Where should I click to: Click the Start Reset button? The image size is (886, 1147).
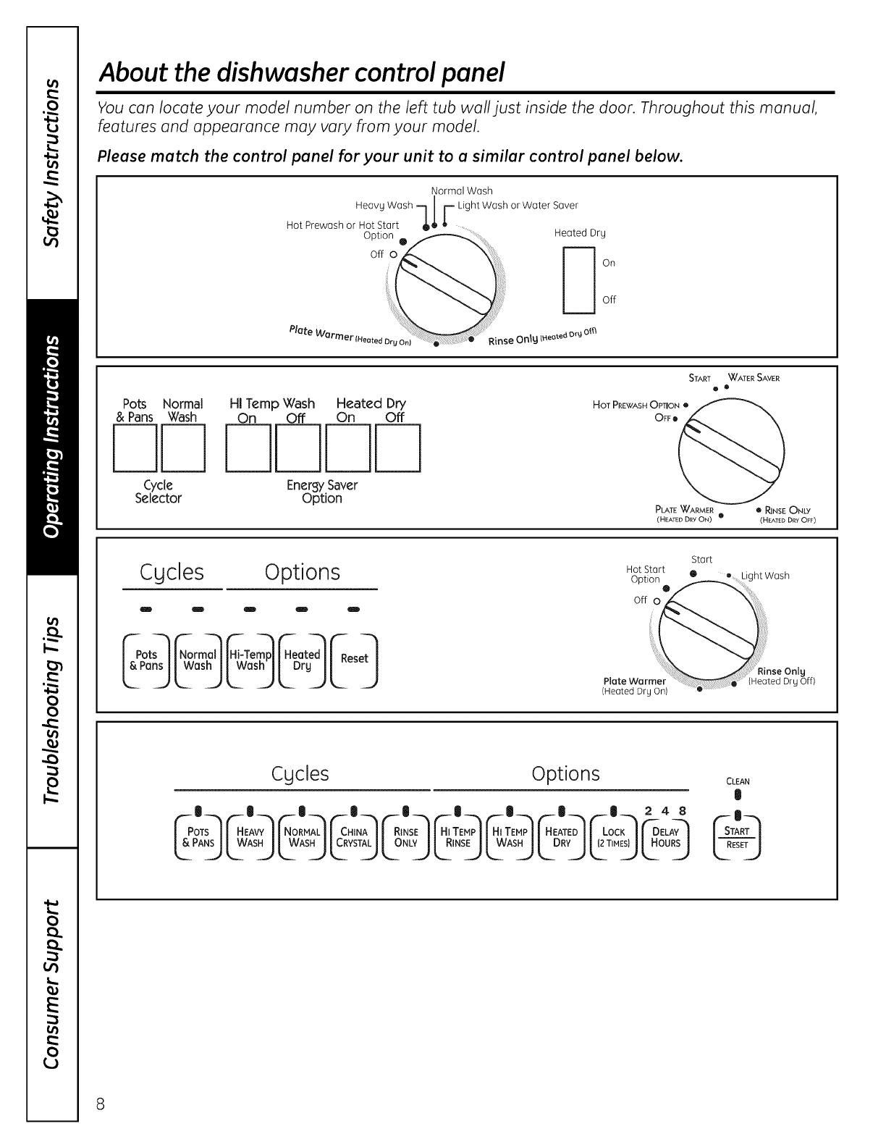[737, 837]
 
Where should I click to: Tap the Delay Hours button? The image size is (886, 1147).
[664, 837]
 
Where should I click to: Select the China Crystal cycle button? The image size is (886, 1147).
[354, 837]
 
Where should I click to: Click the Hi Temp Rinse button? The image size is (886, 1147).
[457, 837]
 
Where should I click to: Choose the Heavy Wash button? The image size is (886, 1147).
[250, 837]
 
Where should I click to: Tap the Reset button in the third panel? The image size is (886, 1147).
[354, 659]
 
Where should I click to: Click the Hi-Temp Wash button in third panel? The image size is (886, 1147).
[250, 659]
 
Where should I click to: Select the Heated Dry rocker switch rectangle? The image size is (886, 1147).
[578, 280]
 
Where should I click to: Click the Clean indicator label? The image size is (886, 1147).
[737, 781]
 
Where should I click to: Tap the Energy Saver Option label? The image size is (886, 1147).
[322, 492]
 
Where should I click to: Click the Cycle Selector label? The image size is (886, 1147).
[158, 492]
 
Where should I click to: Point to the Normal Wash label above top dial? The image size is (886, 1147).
[462, 191]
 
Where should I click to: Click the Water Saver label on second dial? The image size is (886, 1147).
[754, 378]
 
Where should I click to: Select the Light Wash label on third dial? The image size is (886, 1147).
[764, 576]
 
